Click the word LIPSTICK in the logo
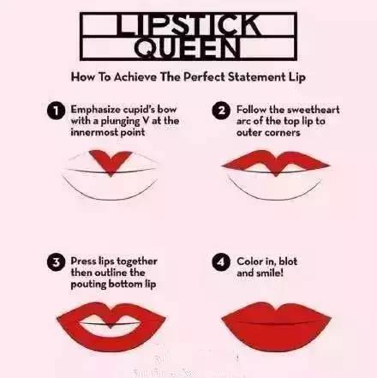tap(188, 25)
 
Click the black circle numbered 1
tap(57, 111)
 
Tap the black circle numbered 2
tap(221, 111)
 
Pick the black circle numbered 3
tap(57, 262)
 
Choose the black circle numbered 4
tap(221, 262)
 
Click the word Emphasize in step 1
tap(95, 110)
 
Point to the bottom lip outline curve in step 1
tap(110, 198)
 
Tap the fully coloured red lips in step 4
tap(276, 327)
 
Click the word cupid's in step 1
tap(139, 110)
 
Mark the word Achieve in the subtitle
tap(135, 77)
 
